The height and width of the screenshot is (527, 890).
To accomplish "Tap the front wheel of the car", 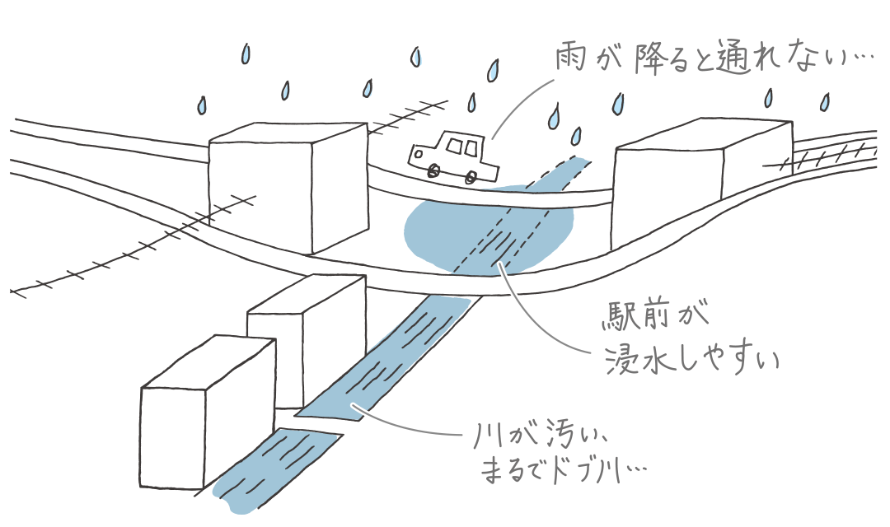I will point(433,170).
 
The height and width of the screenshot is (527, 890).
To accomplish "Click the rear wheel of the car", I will point(471,176).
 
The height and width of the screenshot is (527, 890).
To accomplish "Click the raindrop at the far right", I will point(824,102).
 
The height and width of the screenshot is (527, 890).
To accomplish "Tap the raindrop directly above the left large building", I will point(285,90).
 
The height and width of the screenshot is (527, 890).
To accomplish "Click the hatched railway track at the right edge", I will point(832,153).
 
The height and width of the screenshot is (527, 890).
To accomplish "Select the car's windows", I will point(461,147).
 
